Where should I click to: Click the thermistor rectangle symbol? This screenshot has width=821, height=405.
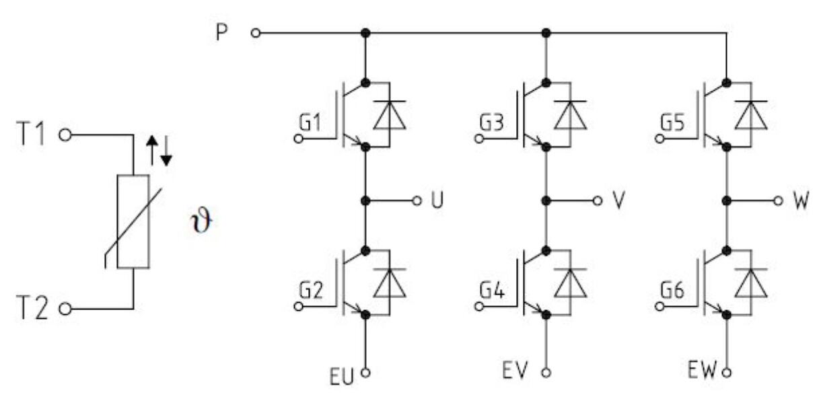tap(133, 221)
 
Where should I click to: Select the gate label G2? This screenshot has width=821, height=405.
tap(310, 291)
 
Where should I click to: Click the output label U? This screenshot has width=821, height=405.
tap(437, 201)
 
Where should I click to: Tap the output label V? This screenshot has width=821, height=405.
tap(618, 201)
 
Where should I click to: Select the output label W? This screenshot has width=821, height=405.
tap(801, 201)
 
